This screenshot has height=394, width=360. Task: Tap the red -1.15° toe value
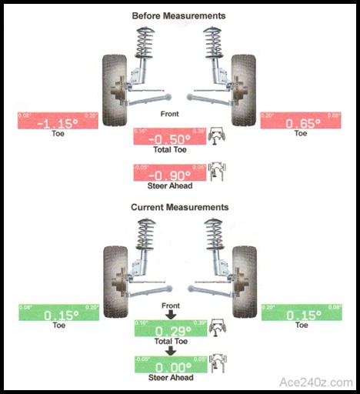tap(58, 122)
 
